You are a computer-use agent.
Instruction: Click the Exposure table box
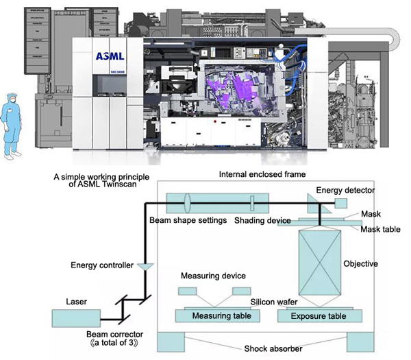point(319,316)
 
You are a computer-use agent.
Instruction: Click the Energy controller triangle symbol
point(145,265)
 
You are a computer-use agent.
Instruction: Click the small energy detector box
point(341,202)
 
